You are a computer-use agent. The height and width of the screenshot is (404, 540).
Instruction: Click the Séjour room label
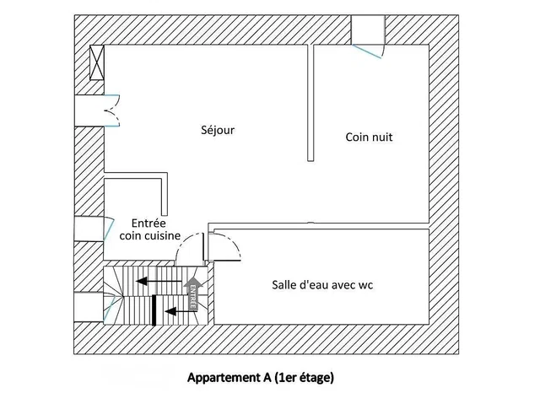[x=218, y=130]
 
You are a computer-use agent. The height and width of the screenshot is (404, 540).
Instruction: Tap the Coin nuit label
[x=369, y=137]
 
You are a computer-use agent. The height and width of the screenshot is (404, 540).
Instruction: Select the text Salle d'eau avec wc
[x=322, y=285]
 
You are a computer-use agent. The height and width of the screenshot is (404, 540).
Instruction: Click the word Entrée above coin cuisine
[x=148, y=224]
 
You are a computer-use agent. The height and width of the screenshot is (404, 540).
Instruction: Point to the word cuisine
[x=162, y=235]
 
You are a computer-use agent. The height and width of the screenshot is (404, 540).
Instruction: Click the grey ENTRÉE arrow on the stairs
[x=193, y=294]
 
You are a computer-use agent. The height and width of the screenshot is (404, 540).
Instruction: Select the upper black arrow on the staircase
[x=159, y=281]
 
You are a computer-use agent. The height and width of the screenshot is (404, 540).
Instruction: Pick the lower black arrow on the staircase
[x=181, y=311]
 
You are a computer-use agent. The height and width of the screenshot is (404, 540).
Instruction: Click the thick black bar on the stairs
[x=154, y=310]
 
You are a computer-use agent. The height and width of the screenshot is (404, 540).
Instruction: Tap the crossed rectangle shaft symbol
[x=97, y=62]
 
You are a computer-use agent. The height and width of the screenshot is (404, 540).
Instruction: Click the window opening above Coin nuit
[x=368, y=36]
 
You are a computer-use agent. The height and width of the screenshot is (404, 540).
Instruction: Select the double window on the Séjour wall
[x=97, y=110]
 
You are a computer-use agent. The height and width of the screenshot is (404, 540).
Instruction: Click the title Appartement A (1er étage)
[x=261, y=378]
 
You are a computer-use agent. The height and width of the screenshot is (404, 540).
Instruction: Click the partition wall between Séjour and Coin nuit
[x=310, y=103]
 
